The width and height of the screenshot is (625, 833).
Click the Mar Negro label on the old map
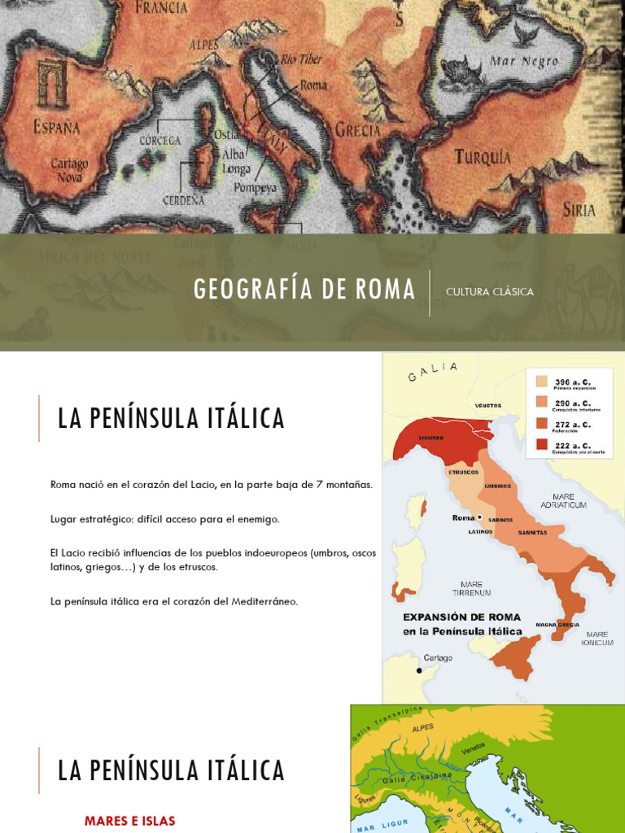523,62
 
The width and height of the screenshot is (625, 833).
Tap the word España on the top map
57,127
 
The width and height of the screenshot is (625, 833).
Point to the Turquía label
483,156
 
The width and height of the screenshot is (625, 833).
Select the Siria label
579,209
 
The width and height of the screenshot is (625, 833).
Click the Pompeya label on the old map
255,187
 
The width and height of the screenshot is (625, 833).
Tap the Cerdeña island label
183,200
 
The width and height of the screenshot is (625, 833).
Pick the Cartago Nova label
69,169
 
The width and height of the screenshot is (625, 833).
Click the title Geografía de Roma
304,290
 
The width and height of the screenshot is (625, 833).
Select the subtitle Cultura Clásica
490,292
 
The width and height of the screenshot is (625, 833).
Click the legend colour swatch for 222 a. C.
541,444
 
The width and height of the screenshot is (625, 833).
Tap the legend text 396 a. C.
573,381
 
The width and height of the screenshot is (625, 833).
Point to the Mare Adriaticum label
563,500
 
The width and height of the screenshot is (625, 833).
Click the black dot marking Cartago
419,670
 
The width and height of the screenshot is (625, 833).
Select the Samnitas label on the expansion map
532,533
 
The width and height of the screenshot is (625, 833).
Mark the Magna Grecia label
557,625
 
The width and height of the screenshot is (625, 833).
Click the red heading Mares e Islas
129,821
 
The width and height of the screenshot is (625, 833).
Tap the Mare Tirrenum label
471,588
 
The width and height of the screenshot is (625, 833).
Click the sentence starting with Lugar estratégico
164,519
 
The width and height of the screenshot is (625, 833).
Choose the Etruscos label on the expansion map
464,472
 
